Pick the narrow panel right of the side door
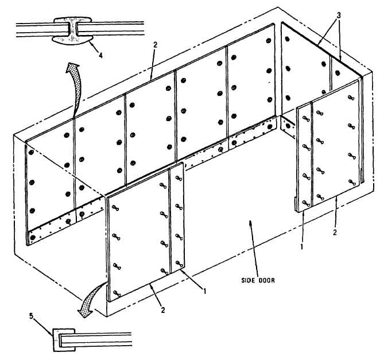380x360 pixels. pyautogui.click(x=304, y=155)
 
